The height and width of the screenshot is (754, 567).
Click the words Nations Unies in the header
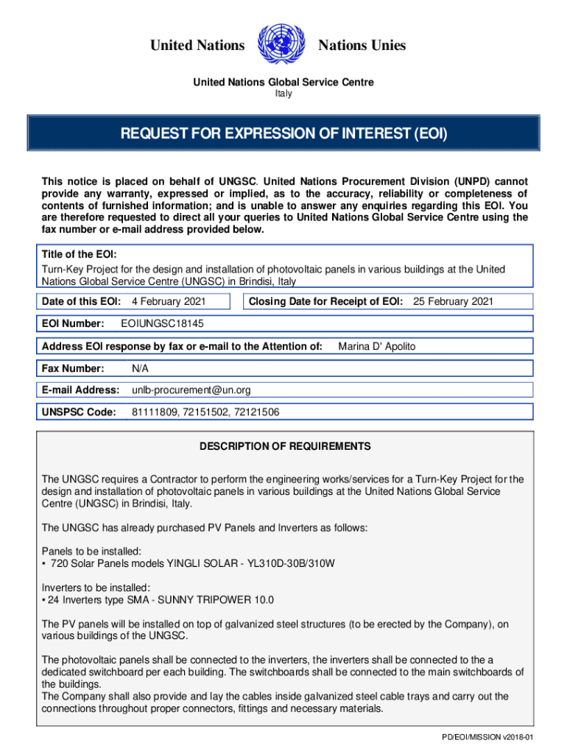click(x=362, y=46)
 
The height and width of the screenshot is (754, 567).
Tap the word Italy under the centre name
click(x=283, y=94)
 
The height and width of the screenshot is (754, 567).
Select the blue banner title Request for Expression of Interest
click(x=283, y=134)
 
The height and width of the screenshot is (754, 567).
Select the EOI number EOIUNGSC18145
click(x=162, y=323)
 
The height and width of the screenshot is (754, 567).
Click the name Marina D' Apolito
click(x=376, y=346)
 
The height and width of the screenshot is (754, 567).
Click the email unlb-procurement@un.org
click(x=191, y=390)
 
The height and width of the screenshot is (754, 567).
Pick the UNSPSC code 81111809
click(x=153, y=412)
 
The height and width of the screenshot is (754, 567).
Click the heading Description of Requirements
click(x=285, y=446)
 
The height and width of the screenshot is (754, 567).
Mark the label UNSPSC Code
click(x=79, y=412)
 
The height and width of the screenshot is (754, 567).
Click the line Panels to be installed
click(x=91, y=551)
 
